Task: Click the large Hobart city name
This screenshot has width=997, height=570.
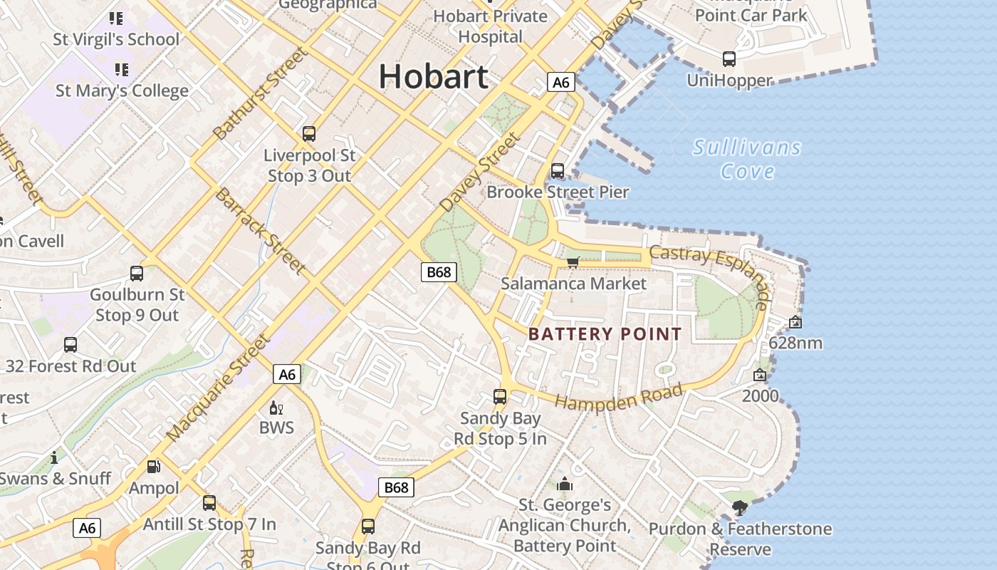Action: [433, 76]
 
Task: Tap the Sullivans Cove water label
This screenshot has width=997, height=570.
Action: [747, 159]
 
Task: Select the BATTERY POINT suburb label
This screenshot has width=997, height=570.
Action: [605, 333]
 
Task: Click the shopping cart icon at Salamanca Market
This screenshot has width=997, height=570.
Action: [573, 262]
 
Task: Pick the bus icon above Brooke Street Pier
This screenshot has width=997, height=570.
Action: [558, 171]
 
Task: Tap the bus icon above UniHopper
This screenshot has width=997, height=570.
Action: [729, 59]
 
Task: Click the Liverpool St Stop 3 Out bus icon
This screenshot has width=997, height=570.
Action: [309, 134]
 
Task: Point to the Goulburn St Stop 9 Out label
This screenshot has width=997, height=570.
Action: [137, 305]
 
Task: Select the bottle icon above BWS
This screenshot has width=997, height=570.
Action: [276, 408]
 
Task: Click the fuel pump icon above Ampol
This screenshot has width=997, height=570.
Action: [154, 467]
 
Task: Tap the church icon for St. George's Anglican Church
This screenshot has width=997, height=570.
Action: [565, 484]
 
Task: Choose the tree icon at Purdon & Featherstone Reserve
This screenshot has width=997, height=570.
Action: [740, 508]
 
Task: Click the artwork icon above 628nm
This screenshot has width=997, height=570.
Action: [795, 323]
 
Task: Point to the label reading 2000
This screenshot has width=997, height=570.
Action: [761, 395]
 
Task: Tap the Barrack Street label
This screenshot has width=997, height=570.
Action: [261, 231]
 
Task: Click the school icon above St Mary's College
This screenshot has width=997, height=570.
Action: [122, 70]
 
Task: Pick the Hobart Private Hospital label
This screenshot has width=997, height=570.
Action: [491, 26]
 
